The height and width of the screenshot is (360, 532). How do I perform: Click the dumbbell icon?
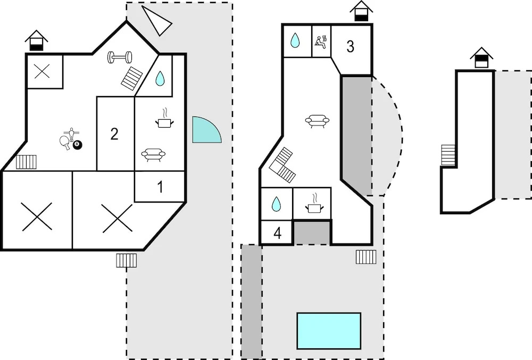pos(120,57)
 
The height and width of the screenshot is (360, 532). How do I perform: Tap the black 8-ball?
pos(77,145)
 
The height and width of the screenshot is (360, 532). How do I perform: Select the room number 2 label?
pos(114,134)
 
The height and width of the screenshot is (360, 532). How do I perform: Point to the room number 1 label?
pos(160,187)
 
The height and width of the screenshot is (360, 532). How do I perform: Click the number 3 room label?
pos(350,46)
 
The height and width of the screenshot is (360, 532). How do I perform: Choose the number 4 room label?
pos(278,233)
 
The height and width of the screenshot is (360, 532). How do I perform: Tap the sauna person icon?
pos(321,42)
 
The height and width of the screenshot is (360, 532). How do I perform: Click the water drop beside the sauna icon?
pos(295,40)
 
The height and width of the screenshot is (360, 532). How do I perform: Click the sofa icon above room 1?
pos(153,155)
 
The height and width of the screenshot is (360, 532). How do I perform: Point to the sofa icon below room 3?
pos(317,121)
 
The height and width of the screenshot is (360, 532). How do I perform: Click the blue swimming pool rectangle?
pos(329,331)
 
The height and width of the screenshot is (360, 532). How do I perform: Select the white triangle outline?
pos(156,20)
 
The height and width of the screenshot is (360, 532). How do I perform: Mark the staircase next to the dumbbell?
pos(131,79)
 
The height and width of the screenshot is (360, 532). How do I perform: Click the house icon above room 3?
pos(361,11)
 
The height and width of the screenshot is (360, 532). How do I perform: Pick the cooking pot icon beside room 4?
pos(314,204)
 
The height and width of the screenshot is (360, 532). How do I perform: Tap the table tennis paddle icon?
pos(65,141)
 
